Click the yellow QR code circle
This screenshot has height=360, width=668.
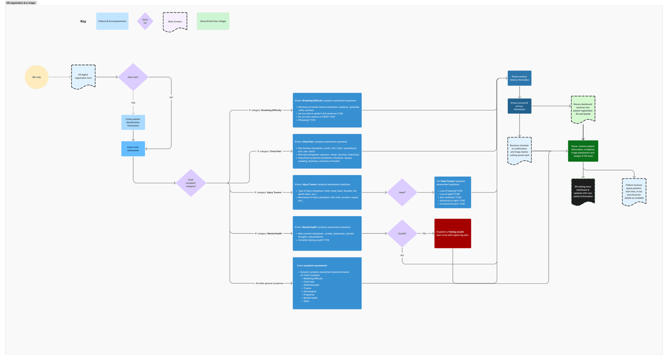pyautogui.click(x=37, y=77)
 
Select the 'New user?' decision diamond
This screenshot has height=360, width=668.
pyautogui.click(x=133, y=77)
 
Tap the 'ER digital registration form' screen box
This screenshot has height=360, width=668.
pyautogui.click(x=83, y=77)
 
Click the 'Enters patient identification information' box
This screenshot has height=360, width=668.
pyautogui.click(x=133, y=122)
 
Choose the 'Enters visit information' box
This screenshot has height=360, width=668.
pyautogui.click(x=133, y=149)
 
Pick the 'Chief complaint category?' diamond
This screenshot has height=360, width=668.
pyautogui.click(x=191, y=183)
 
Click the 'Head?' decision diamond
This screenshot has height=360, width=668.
pyautogui.click(x=402, y=193)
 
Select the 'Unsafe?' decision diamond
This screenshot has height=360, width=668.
pyautogui.click(x=402, y=234)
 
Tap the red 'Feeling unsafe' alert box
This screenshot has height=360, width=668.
pyautogui.click(x=452, y=233)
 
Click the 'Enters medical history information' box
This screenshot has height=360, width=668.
pyautogui.click(x=519, y=78)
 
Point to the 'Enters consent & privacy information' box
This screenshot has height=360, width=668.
pyautogui.click(x=519, y=106)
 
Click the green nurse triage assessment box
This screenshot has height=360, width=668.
pyautogui.click(x=583, y=151)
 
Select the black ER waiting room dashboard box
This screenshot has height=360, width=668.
pyautogui.click(x=583, y=192)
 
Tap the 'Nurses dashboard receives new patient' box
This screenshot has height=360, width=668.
pyautogui.click(x=583, y=109)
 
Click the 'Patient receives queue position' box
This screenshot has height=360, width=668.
pyautogui.click(x=634, y=192)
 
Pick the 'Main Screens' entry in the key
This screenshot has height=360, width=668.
pyautogui.click(x=175, y=22)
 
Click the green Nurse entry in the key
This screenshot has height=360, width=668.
pyautogui.click(x=213, y=21)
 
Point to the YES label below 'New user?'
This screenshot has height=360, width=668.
pyautogui.click(x=133, y=103)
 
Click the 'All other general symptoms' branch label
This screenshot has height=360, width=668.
pyautogui.click(x=269, y=283)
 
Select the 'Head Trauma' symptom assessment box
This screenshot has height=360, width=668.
pyautogui.click(x=452, y=193)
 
